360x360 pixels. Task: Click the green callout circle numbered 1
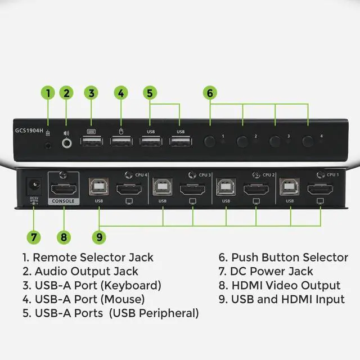pos(49,93)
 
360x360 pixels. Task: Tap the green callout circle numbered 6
pos(210,93)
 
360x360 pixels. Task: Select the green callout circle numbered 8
pos(64,237)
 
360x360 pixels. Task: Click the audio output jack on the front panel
pos(67,143)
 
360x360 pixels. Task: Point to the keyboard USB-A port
pos(91,142)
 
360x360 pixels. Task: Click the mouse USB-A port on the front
pos(120,142)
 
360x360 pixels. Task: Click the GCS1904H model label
pos(28,129)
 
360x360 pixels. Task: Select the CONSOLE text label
pos(64,200)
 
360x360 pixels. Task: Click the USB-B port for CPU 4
pos(99,187)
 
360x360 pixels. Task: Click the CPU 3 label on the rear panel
pos(205,175)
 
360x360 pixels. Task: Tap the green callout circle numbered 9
pos(99,237)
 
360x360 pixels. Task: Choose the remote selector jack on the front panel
pos(49,144)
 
